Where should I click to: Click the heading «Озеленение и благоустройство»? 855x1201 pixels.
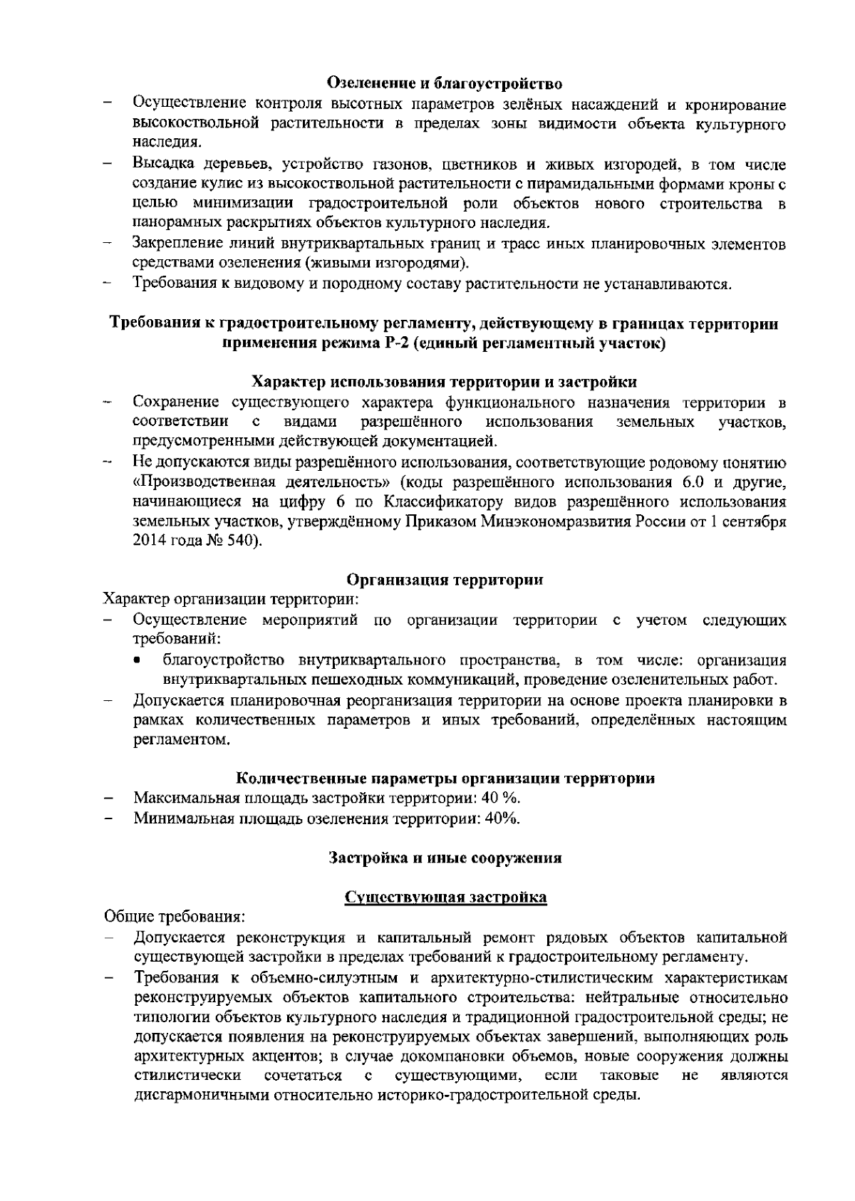coord(445,84)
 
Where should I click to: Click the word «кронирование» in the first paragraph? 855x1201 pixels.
coord(735,105)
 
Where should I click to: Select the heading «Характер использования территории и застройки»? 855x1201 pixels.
coord(445,383)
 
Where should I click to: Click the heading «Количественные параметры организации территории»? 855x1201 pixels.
coord(445,778)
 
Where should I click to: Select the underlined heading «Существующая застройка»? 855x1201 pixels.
coord(445,897)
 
